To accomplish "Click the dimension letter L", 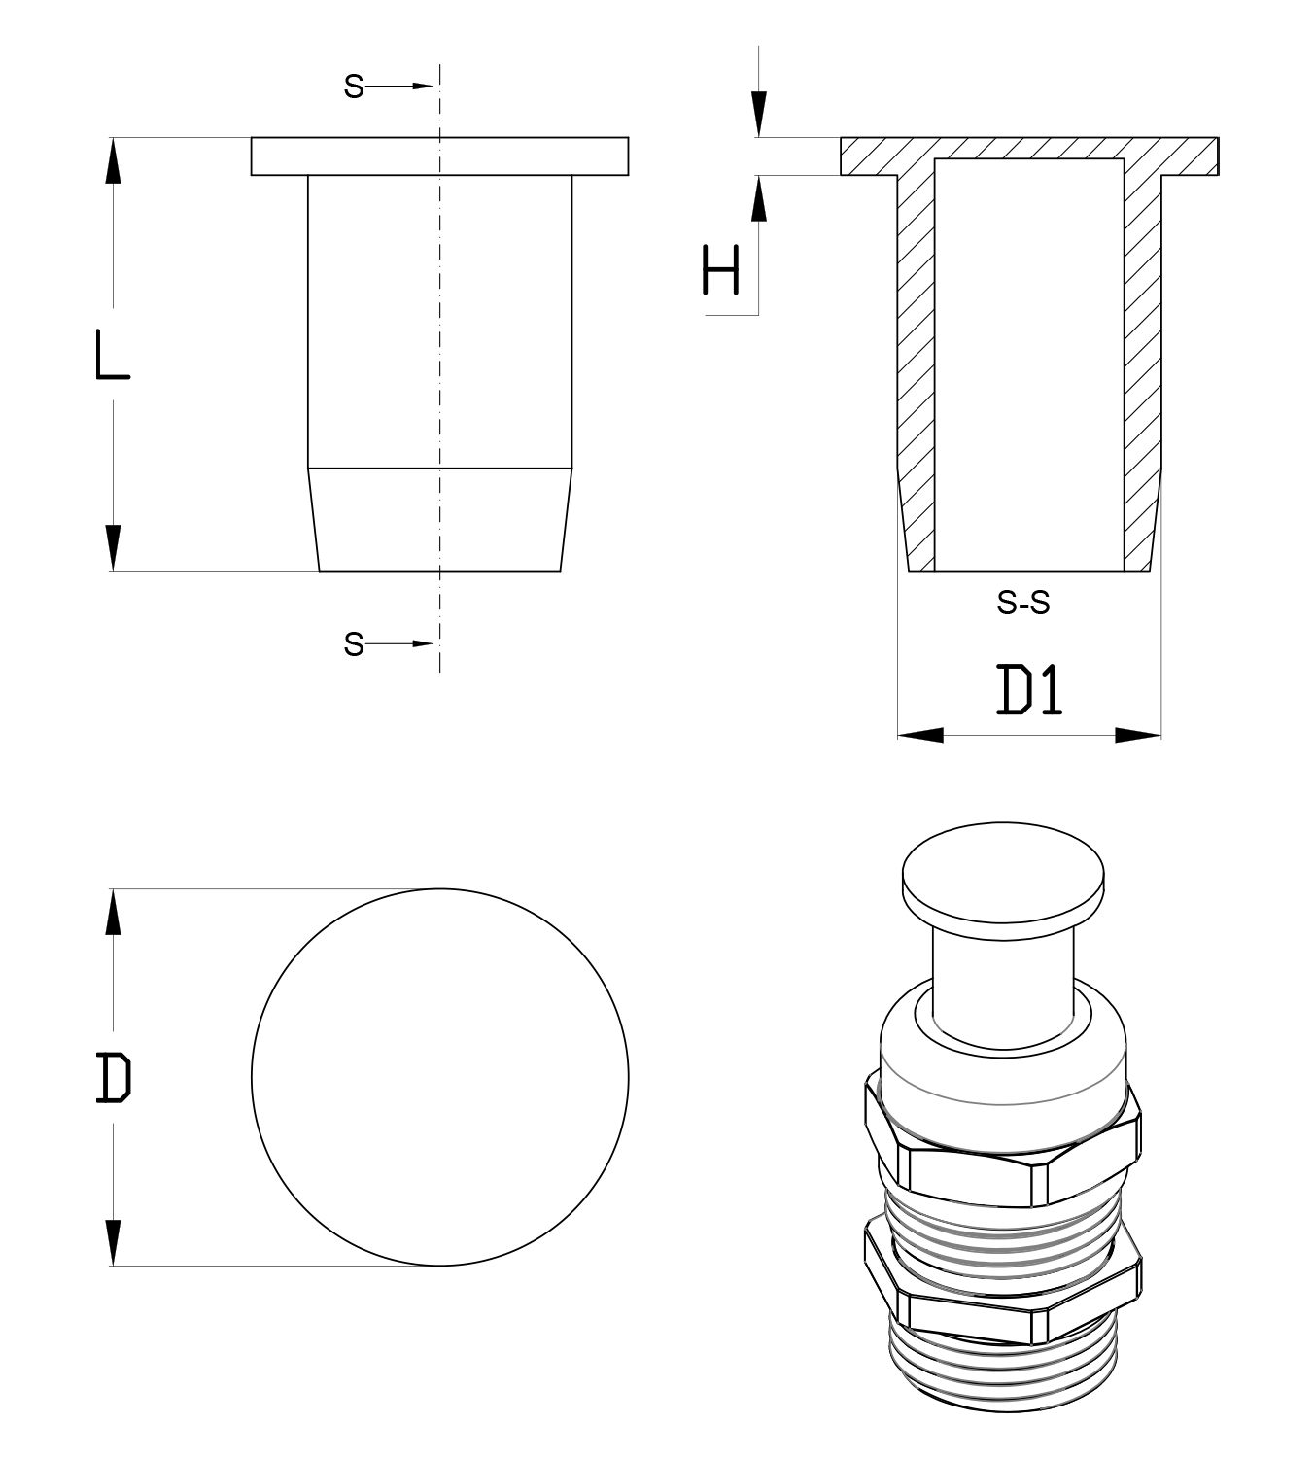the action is pyautogui.click(x=113, y=354).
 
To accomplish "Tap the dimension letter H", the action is pyautogui.click(x=720, y=269).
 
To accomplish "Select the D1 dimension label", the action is pyautogui.click(x=1028, y=690).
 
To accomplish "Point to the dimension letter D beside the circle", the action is pyautogui.click(x=114, y=1078).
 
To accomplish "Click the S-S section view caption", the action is pyautogui.click(x=1022, y=604).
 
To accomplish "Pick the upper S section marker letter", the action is pyautogui.click(x=354, y=87).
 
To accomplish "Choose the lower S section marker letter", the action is pyautogui.click(x=354, y=644).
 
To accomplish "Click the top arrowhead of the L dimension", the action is pyautogui.click(x=113, y=160).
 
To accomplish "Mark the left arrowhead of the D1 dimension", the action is pyautogui.click(x=920, y=735).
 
